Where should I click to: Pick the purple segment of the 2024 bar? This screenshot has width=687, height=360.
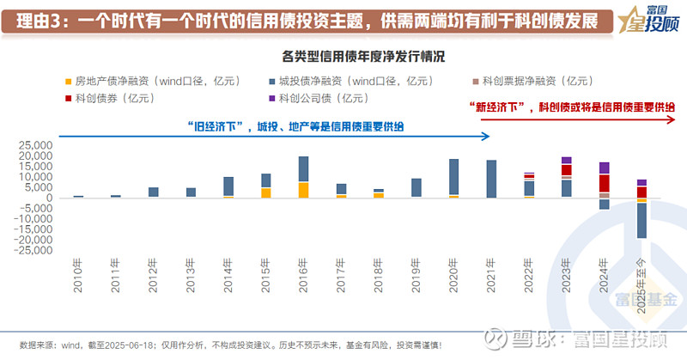pos(605,168)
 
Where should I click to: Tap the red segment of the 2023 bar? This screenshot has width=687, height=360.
pos(567,170)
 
